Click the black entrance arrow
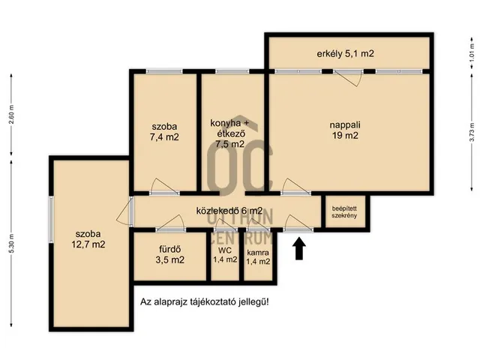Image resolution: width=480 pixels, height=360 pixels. (299, 248)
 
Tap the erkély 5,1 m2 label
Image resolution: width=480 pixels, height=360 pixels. (345, 54)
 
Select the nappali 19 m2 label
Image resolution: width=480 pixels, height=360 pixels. (345, 130)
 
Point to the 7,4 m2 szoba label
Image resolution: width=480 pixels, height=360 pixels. (164, 132)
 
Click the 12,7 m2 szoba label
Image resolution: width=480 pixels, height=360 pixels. (88, 239)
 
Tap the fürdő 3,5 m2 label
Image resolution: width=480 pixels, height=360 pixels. (170, 255)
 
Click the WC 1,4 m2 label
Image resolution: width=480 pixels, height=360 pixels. (225, 255)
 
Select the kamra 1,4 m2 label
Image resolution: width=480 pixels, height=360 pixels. (258, 257)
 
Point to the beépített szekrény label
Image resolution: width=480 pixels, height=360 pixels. (344, 212)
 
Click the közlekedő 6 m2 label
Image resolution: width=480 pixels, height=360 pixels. (229, 211)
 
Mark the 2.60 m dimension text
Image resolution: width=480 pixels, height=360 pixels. (11, 115)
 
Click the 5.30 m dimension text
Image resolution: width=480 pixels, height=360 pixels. (11, 243)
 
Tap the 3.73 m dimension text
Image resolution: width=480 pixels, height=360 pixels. (472, 132)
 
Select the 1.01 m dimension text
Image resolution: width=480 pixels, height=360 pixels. (472, 52)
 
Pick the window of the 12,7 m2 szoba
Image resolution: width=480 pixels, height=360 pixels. (51, 220)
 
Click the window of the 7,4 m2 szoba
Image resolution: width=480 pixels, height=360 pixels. (164, 71)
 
